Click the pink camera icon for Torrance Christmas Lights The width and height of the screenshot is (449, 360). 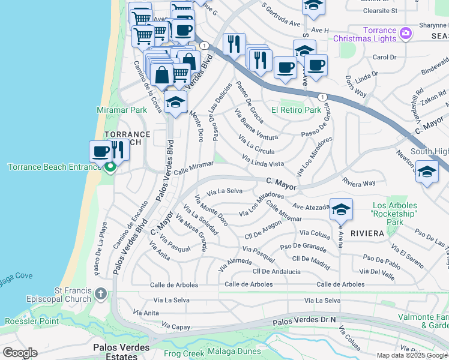pos(406,32)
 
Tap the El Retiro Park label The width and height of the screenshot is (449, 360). pos(296,110)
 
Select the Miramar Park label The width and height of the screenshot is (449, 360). pos(122,110)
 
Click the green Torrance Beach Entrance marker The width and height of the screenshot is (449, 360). pos(109,167)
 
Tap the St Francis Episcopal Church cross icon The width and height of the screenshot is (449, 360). pos(101,293)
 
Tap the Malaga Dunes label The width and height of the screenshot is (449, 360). pos(234,351)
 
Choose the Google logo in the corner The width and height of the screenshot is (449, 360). pos(20,353)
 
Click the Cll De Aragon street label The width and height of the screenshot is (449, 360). pos(263,227)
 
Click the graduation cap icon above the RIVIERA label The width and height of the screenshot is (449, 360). pos(341,209)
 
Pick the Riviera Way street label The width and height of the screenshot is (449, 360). pos(358,182)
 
